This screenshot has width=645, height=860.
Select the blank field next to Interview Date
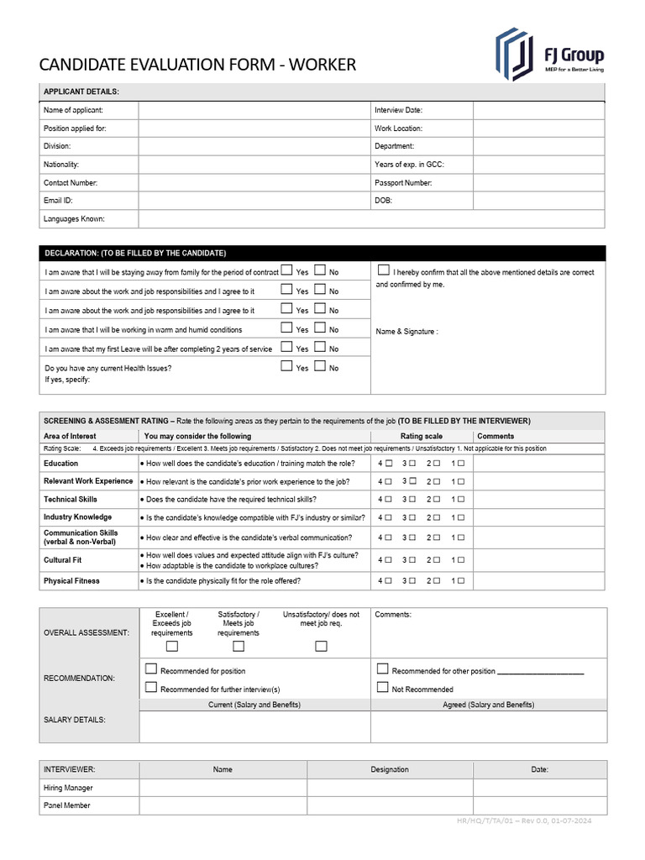point(537,110)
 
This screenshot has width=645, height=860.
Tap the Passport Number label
point(403,182)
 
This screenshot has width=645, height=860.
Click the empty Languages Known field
point(370,219)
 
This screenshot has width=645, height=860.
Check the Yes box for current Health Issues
point(286,366)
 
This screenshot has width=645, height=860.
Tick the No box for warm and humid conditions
point(320,328)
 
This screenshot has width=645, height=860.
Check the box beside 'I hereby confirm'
point(384,270)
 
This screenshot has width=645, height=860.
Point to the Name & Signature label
point(406,332)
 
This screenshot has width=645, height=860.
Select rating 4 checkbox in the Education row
point(389,464)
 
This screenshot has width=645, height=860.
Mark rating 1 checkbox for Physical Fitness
point(461,581)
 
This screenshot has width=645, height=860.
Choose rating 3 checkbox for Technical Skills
point(413,500)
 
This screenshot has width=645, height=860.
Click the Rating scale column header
point(421,436)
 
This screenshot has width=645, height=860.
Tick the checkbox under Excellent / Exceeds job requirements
point(172,646)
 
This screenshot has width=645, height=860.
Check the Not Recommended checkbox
point(383,688)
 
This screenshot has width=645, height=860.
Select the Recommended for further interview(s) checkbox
point(151,688)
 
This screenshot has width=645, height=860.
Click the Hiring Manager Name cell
point(223,788)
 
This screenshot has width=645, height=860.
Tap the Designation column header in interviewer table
point(390,769)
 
